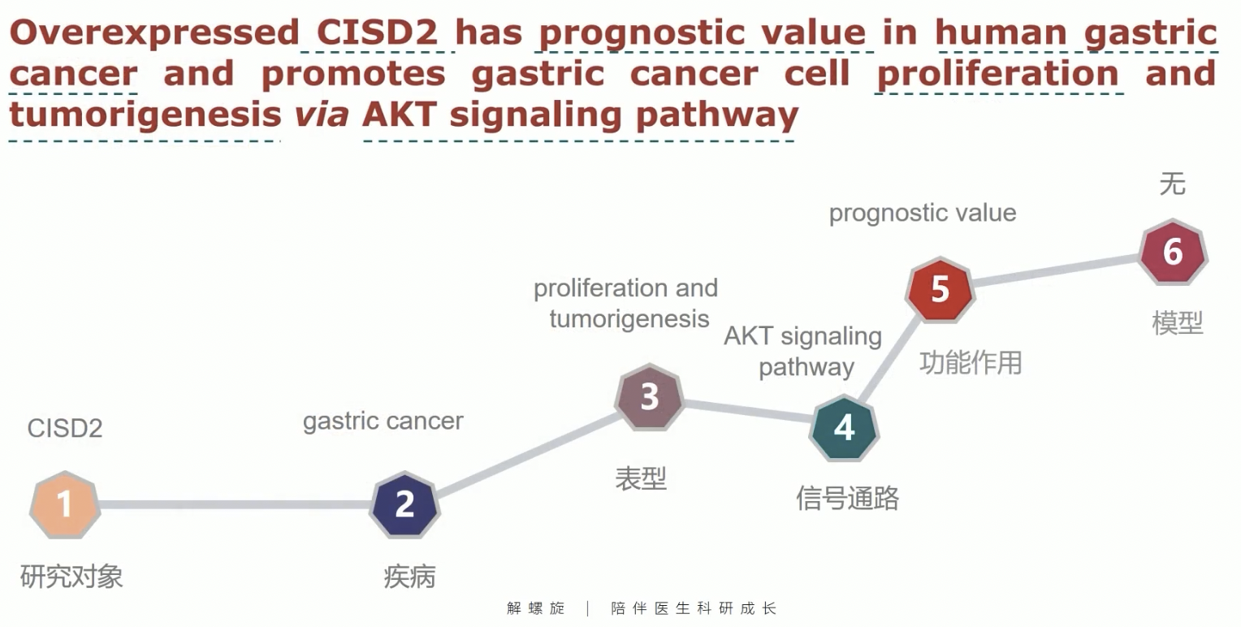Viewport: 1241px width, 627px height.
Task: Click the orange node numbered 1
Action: tap(65, 504)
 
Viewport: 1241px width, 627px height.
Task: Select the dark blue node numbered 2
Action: tap(405, 504)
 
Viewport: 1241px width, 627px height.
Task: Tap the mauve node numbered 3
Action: tap(650, 396)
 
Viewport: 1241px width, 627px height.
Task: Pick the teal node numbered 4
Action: tap(844, 427)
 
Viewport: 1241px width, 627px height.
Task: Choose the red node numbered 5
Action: tap(940, 289)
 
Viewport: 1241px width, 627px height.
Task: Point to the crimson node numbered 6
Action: tap(1174, 252)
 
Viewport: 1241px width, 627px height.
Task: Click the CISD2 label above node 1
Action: tap(65, 428)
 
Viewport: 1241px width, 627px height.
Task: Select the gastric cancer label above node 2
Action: tap(383, 422)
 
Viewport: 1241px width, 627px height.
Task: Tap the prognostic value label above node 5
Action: tap(923, 214)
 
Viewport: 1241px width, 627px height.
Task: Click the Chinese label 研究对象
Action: tap(71, 576)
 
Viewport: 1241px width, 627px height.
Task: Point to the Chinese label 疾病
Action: tap(409, 577)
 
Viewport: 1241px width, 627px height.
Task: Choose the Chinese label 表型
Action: tap(641, 478)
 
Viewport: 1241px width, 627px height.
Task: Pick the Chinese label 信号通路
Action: tap(847, 498)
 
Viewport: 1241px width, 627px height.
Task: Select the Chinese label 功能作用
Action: tap(971, 363)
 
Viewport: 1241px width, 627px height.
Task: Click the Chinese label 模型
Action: tap(1178, 323)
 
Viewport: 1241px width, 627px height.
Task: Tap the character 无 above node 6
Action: tap(1172, 184)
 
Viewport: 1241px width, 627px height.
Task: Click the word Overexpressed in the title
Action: tap(154, 32)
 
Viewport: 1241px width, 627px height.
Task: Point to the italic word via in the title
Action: tap(322, 115)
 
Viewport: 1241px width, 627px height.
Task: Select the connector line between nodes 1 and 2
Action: tap(235, 504)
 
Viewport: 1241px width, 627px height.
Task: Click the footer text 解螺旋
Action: tap(536, 608)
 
